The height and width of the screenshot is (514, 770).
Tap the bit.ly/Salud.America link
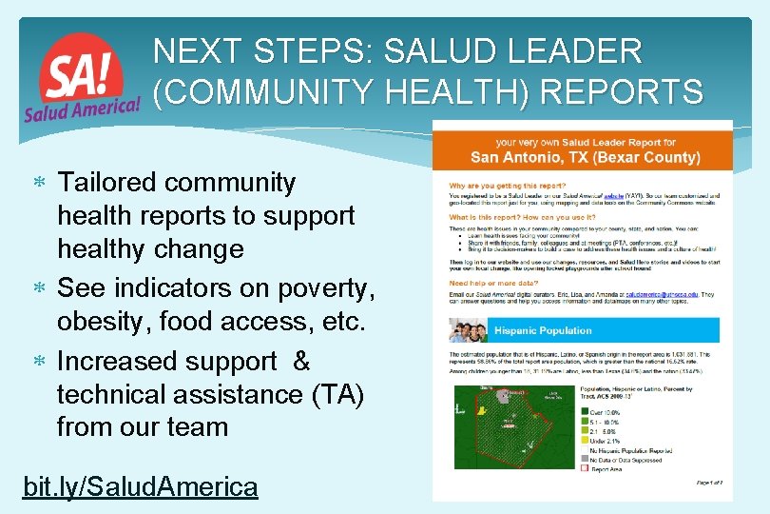[140, 486]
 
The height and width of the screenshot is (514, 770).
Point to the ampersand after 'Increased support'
[301, 362]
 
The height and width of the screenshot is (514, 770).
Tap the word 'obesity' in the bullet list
[104, 323]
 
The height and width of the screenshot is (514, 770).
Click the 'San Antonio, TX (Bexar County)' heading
[585, 156]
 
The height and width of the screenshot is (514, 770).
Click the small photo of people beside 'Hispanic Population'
[469, 331]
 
